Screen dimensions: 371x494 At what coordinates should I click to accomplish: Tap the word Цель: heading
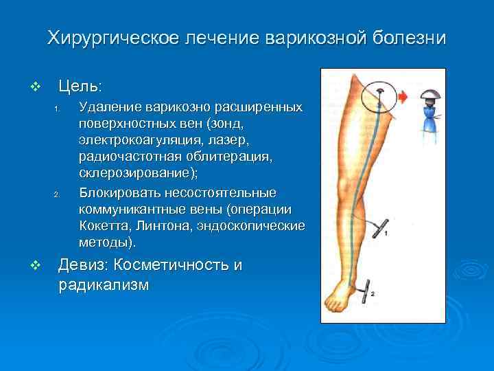point(81,87)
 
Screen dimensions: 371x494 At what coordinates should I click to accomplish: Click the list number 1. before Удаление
point(59,111)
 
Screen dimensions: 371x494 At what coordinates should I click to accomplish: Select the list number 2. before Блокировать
point(59,192)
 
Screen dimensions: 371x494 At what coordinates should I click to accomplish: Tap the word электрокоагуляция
point(137,141)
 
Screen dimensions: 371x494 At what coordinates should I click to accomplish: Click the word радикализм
point(103,284)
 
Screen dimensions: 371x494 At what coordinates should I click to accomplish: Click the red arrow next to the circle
point(403,98)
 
